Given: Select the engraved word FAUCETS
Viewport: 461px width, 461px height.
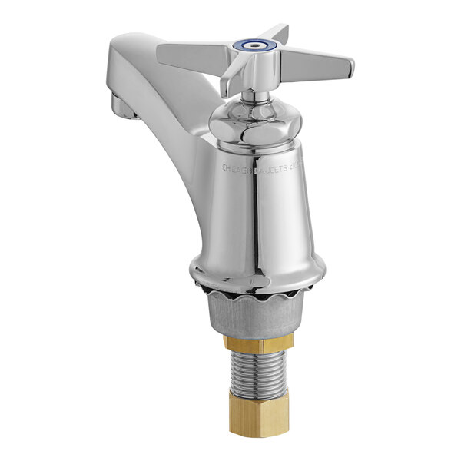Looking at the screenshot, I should coord(275,164).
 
